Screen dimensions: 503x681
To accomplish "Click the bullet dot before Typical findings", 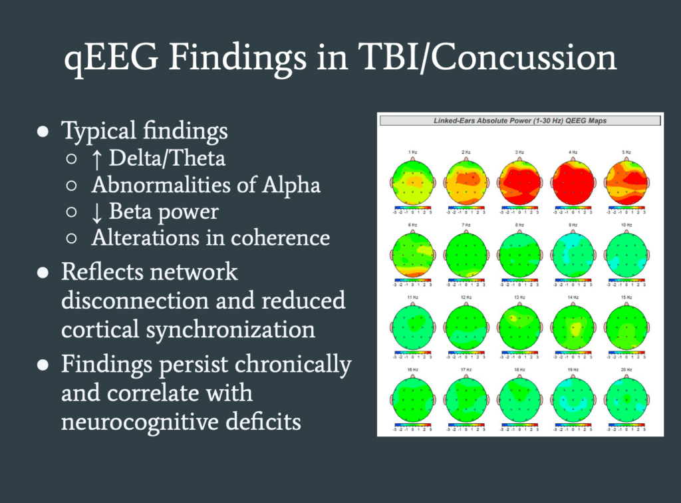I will tap(43, 132).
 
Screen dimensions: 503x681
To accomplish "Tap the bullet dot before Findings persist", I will tap(43, 365).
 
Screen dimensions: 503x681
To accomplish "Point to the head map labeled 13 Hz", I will tap(519, 326).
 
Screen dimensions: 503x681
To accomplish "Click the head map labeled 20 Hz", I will tap(624, 401).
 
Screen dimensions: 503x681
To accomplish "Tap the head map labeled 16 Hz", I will tap(412, 401).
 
